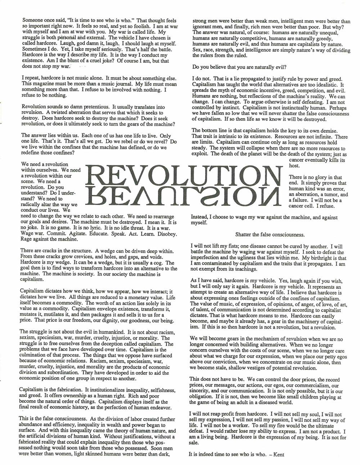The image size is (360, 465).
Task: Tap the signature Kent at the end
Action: [278, 454]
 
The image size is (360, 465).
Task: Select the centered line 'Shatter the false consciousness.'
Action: [270, 234]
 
